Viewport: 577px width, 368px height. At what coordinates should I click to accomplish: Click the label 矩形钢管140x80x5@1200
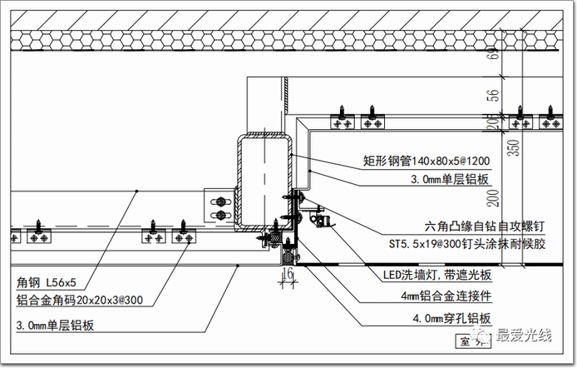click(426, 162)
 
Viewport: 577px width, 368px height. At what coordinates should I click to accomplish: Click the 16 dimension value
click(288, 272)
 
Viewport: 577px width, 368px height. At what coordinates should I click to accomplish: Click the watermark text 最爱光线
click(524, 337)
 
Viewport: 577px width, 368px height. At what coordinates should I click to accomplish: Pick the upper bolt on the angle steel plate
click(220, 200)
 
